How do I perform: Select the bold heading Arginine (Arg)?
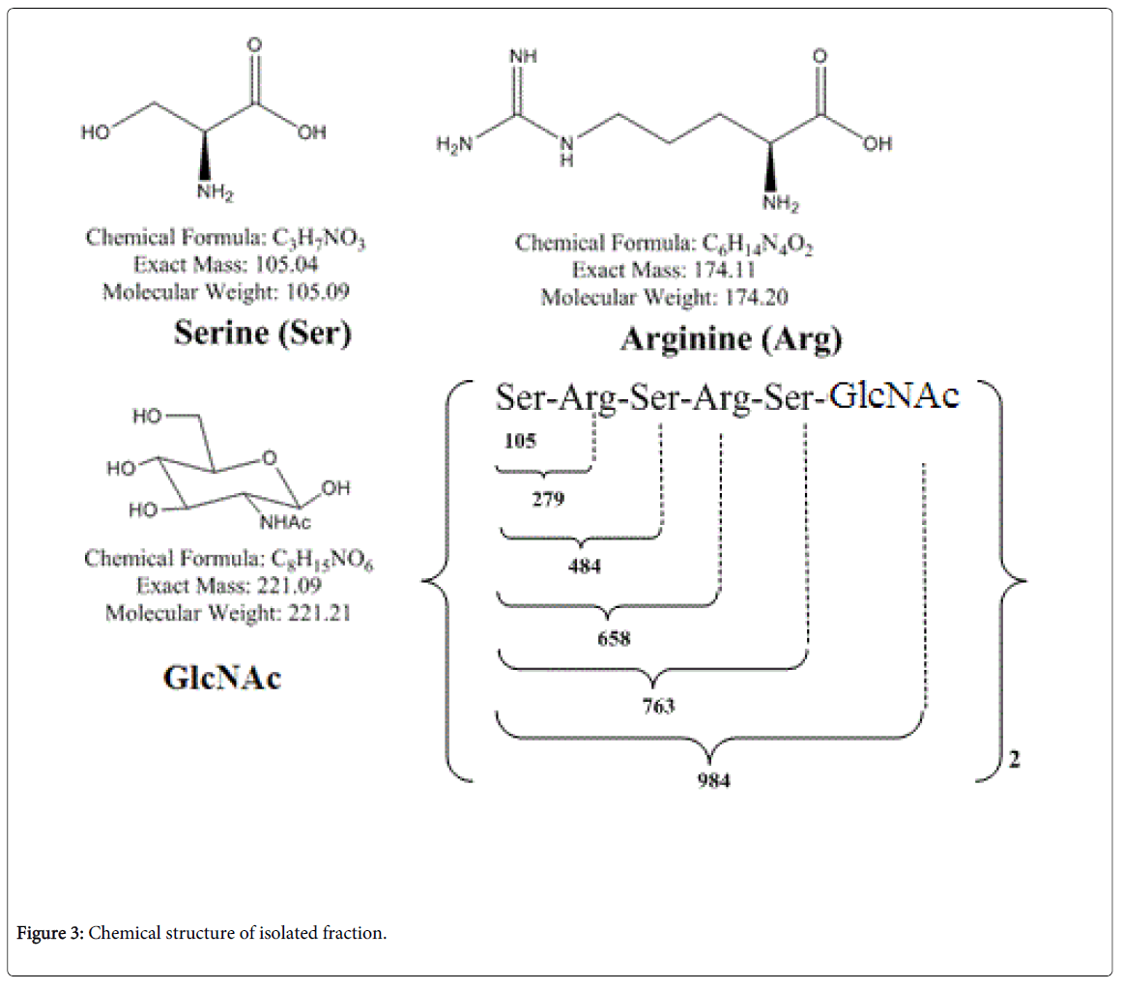coord(731,339)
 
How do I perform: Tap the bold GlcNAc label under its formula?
coord(222,678)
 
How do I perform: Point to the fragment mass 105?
coord(520,441)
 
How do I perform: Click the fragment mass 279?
coord(548,500)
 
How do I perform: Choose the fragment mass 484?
coord(585,567)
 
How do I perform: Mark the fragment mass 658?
coord(610,638)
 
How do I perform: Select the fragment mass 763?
coord(657,706)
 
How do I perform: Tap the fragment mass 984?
coord(713,779)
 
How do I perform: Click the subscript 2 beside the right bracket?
coord(1014,761)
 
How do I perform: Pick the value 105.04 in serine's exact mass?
coord(288,263)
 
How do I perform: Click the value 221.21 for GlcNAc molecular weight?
coord(318,612)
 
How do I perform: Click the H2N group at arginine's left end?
coord(454,146)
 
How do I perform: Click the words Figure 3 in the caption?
coord(51,935)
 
